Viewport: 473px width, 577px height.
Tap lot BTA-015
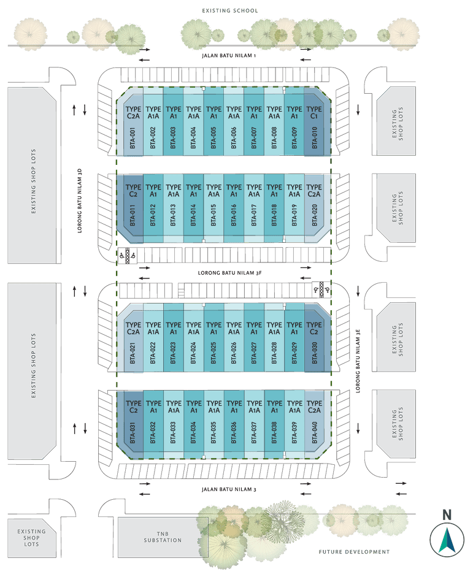[x=213, y=205]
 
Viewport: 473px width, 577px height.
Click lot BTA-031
[x=133, y=423]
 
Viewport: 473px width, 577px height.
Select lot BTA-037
[x=254, y=423]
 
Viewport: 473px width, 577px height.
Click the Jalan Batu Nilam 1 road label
[x=228, y=56]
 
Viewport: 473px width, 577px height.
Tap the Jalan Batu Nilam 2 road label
[x=228, y=489]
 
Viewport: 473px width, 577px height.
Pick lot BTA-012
[x=153, y=205]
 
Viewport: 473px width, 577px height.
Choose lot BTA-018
[x=274, y=205]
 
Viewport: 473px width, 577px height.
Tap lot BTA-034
[x=193, y=423]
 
